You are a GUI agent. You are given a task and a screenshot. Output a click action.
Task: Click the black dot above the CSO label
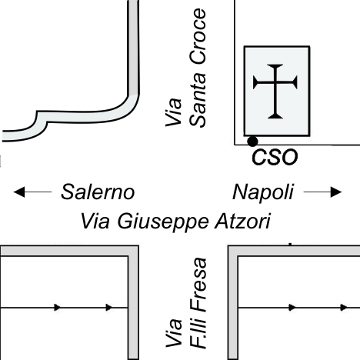(x=252, y=142)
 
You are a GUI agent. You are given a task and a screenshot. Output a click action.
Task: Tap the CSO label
(x=275, y=157)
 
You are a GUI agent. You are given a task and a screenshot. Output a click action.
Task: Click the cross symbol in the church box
(x=275, y=92)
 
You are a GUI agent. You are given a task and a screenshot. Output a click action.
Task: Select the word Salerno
(x=98, y=192)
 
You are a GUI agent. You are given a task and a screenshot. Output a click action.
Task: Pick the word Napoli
(x=263, y=192)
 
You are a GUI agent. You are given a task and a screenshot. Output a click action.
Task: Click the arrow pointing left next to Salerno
(x=32, y=192)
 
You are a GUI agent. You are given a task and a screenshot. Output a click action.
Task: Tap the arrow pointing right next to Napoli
(x=322, y=192)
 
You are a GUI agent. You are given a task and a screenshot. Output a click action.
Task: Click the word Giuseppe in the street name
(x=162, y=222)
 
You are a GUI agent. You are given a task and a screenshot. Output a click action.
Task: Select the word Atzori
(x=242, y=222)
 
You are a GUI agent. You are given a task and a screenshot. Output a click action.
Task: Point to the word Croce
(x=198, y=36)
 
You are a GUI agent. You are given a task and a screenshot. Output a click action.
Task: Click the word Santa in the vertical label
(x=198, y=100)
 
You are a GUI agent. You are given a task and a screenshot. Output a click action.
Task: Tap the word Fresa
(x=198, y=285)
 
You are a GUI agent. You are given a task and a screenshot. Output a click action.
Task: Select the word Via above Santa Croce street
(x=174, y=112)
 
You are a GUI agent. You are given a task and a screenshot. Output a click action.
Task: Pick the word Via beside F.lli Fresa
(x=174, y=333)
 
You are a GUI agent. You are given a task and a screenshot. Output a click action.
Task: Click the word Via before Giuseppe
(x=95, y=222)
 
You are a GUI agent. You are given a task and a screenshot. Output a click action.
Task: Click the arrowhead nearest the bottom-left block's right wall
(x=109, y=307)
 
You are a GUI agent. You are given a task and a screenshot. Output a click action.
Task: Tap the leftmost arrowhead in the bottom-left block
(x=57, y=307)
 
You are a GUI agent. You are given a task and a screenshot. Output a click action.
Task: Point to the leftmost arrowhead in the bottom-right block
(x=292, y=307)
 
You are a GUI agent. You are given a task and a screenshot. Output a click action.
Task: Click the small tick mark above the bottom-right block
(x=290, y=244)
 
